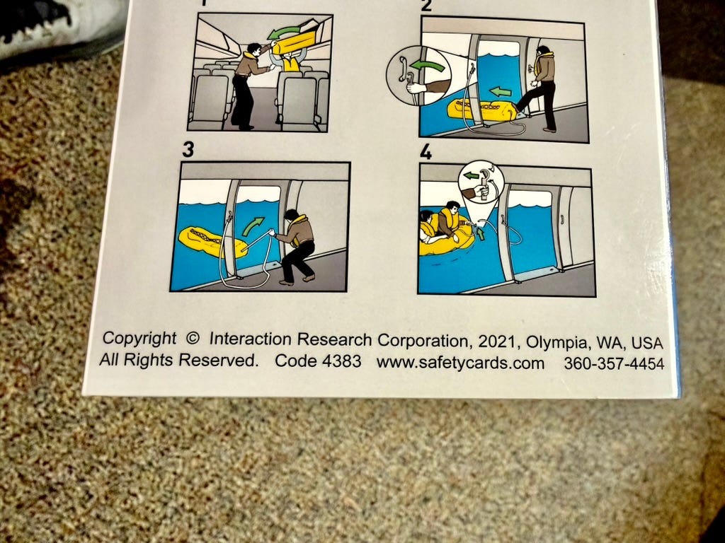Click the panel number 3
(x=188, y=150)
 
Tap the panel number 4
(x=426, y=152)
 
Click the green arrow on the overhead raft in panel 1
(x=284, y=33)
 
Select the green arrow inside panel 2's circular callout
(x=428, y=65)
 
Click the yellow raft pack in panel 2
(x=481, y=110)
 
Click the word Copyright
(x=139, y=338)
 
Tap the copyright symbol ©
(x=193, y=339)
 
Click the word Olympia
(x=557, y=343)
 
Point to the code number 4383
(x=341, y=361)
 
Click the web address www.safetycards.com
(x=460, y=363)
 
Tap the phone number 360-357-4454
(x=614, y=364)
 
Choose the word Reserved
(x=218, y=359)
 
